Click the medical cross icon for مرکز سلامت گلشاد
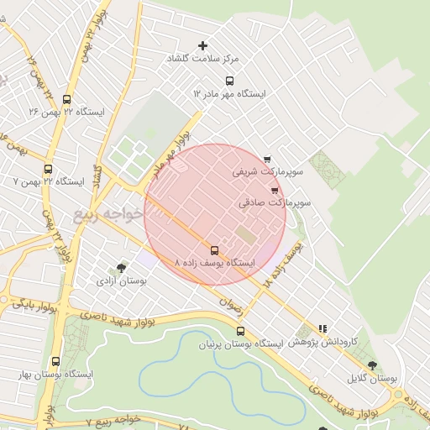point(202,45)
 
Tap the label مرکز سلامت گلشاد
point(202,59)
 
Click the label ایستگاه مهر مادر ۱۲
point(228,94)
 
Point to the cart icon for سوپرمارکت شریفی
point(267,159)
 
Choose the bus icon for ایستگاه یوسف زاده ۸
point(215,250)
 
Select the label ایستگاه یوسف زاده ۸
point(214,264)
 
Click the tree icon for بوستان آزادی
point(123,268)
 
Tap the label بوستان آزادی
point(122,281)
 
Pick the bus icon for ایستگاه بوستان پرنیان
point(240,331)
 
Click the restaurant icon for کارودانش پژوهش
point(323,329)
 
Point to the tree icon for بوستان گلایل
point(372,365)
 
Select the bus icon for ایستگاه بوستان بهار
point(56,361)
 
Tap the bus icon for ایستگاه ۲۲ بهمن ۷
point(47,169)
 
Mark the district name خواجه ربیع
point(102,210)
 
